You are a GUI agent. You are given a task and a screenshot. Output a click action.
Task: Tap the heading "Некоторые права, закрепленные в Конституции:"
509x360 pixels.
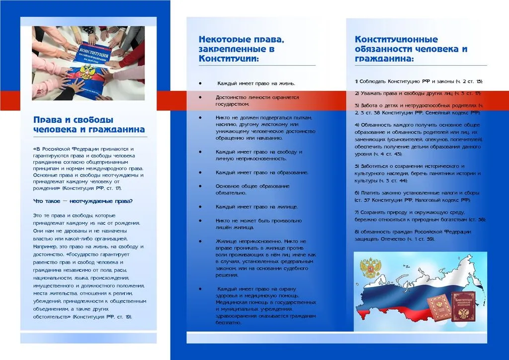242,49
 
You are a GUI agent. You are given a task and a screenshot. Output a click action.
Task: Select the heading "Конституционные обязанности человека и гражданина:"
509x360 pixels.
411,49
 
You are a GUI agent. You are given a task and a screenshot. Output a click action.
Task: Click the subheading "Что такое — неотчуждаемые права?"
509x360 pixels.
83,201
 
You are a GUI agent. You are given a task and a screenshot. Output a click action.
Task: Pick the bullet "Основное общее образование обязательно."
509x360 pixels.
253,189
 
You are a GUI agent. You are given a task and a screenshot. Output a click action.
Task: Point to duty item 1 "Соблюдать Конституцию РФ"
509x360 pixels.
419,81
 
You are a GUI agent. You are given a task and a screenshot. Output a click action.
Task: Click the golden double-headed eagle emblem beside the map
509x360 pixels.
369,268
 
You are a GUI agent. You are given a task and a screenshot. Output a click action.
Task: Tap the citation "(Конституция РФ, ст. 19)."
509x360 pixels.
102,317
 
